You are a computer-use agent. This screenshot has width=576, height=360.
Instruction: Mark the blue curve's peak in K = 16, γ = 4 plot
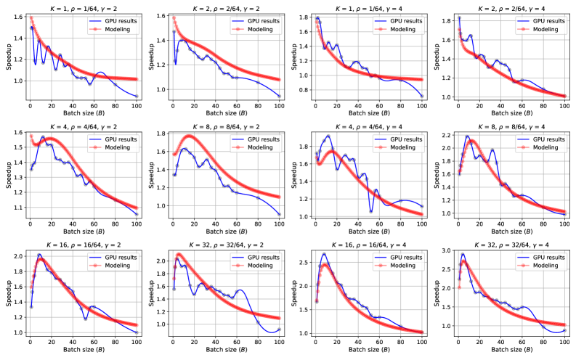pos(324,254)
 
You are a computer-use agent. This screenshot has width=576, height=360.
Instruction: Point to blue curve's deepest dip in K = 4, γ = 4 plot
pos(370,210)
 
